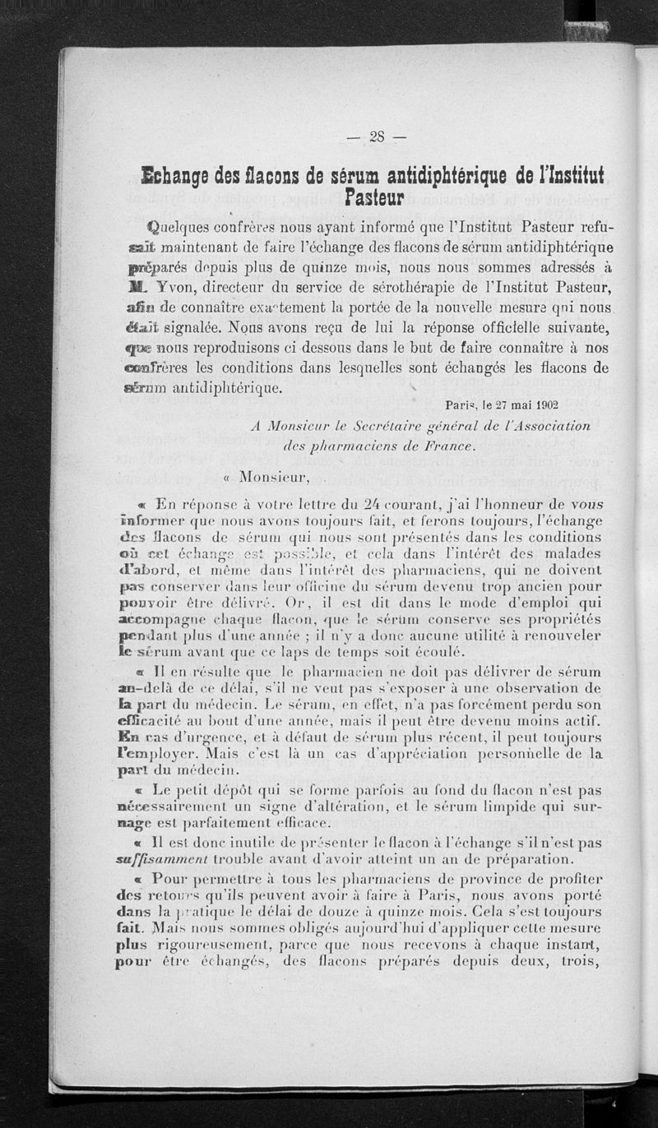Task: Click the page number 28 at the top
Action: click(377, 136)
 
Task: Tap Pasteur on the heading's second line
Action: click(375, 197)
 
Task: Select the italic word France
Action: click(447, 446)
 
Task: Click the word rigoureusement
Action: click(211, 945)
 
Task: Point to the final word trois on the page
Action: click(581, 960)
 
